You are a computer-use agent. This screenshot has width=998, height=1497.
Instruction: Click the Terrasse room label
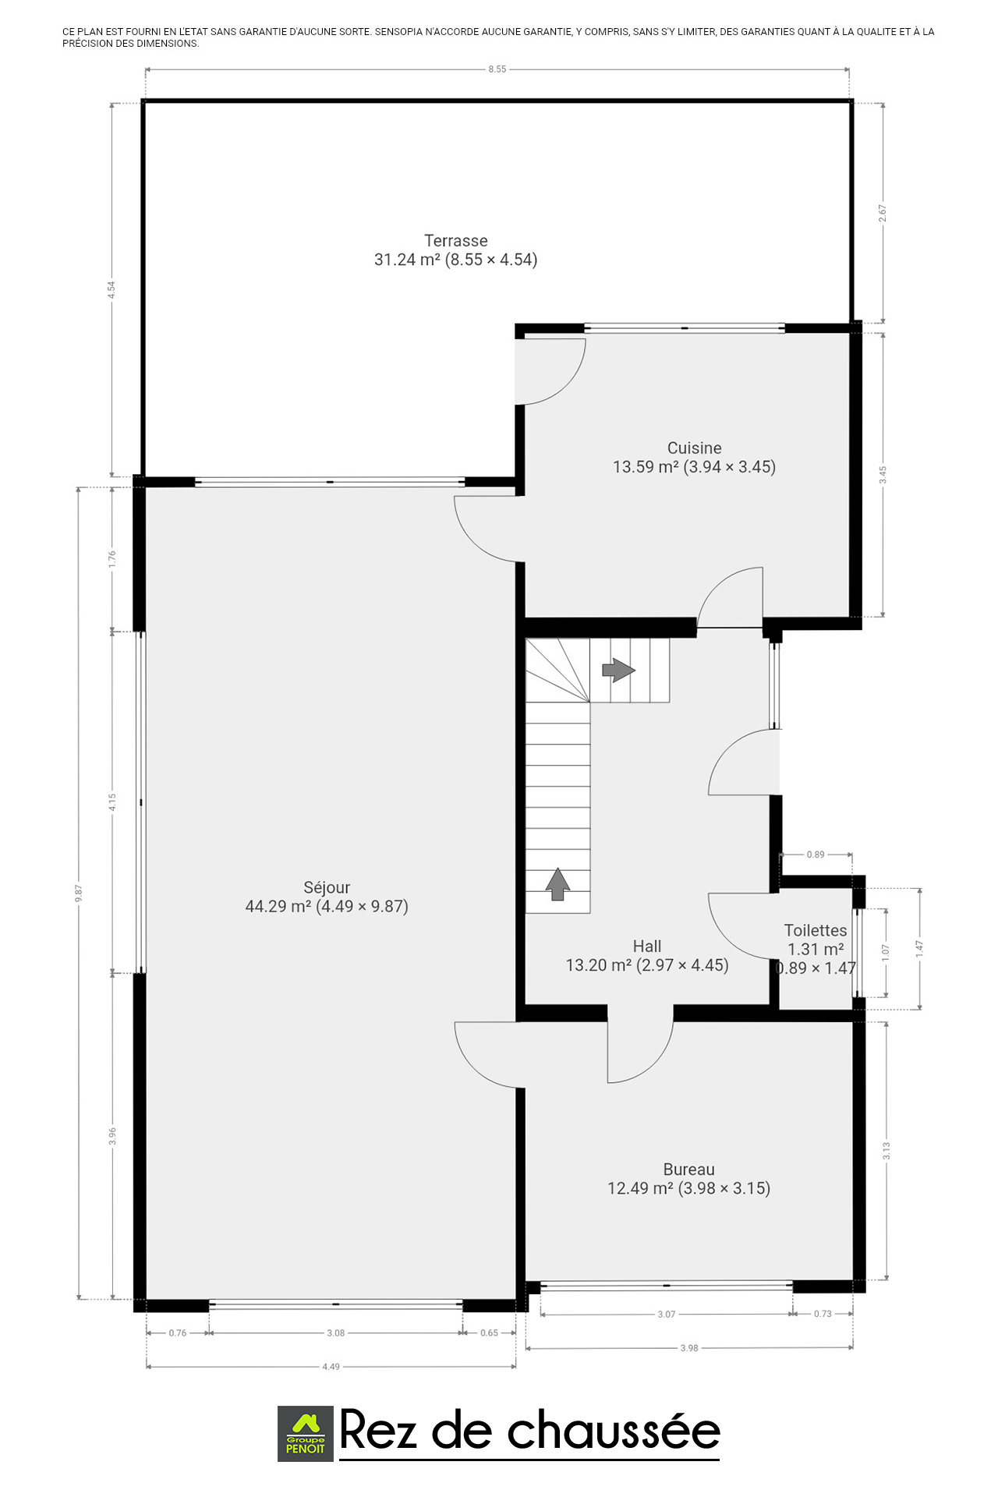tap(456, 241)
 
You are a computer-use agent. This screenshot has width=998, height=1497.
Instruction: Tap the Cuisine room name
tap(695, 448)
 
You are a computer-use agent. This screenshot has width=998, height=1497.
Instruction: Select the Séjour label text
tap(327, 887)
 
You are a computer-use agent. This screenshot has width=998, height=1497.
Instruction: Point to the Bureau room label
tap(689, 1170)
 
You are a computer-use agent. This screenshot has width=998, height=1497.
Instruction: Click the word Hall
tap(647, 946)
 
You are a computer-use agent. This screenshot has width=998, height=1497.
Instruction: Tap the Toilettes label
tap(816, 930)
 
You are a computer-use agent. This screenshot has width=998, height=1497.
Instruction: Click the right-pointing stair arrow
tap(619, 670)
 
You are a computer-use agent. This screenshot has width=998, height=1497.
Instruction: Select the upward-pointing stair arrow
tap(557, 884)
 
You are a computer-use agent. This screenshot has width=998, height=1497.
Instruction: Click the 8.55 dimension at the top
tap(497, 69)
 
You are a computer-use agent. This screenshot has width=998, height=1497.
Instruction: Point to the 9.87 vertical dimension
tap(78, 894)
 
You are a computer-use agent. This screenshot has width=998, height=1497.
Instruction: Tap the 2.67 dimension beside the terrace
tap(883, 213)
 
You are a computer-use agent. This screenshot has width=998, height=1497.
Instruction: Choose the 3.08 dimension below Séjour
tap(335, 1332)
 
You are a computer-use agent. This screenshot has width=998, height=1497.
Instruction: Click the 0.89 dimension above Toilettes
tap(816, 855)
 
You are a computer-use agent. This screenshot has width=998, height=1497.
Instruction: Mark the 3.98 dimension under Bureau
tap(689, 1347)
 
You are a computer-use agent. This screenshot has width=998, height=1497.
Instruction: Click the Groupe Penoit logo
tap(306, 1434)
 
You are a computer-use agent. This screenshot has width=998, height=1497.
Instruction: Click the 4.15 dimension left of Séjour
tap(112, 802)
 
